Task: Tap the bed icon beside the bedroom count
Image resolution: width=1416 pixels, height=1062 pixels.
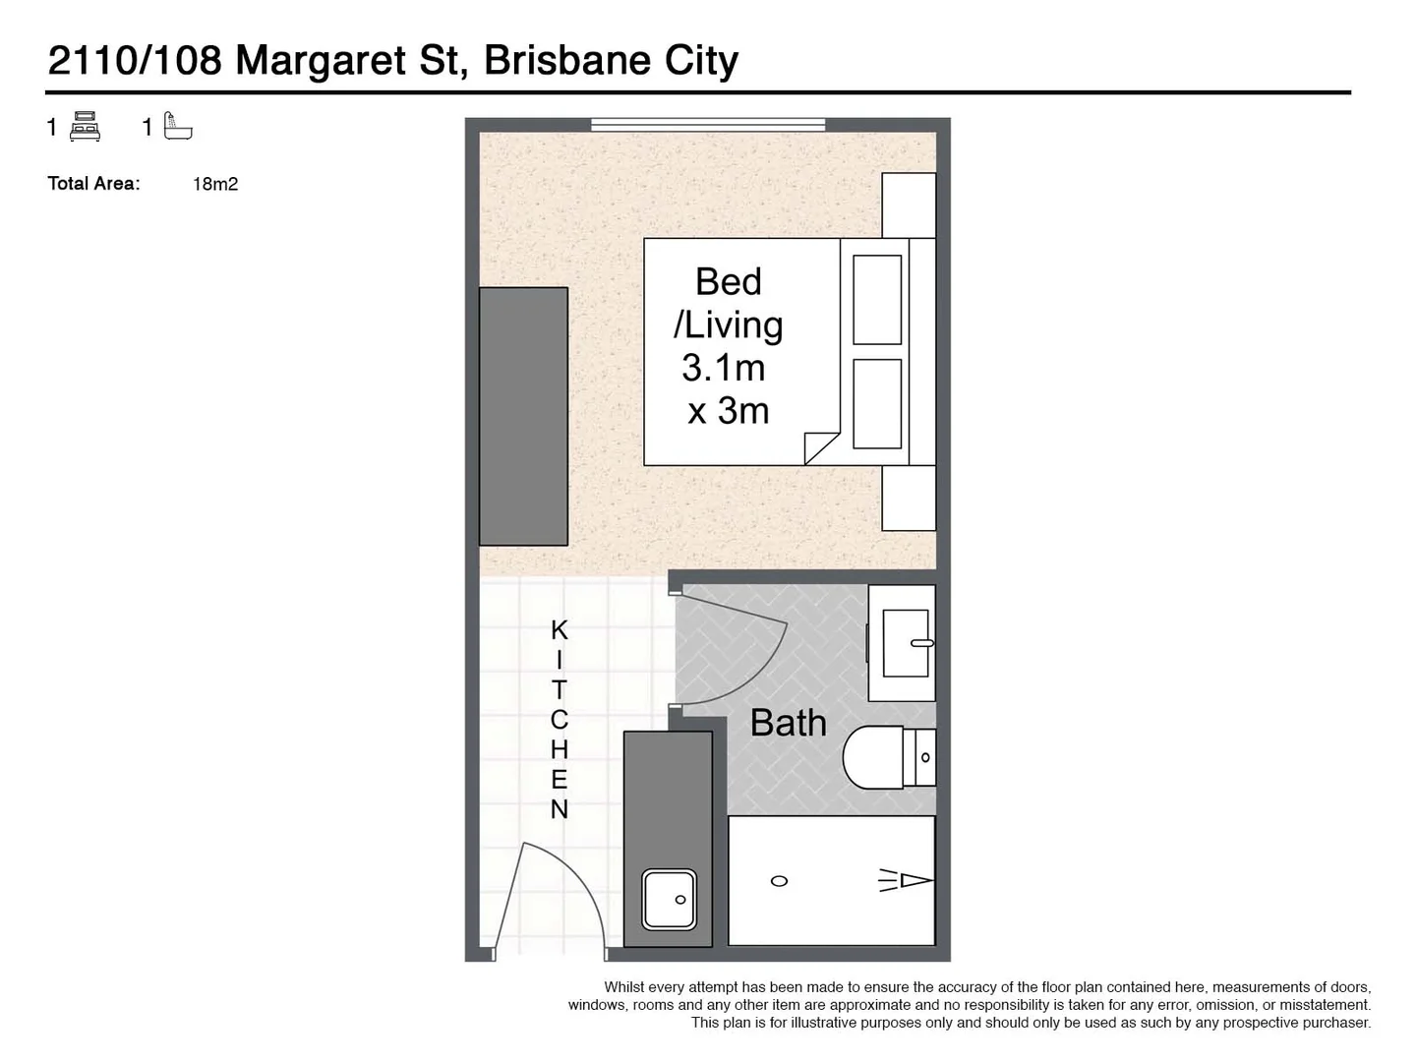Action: (x=85, y=127)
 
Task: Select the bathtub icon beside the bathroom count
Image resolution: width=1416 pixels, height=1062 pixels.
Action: (x=177, y=126)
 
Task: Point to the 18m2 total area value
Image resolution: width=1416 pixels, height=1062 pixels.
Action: (x=215, y=185)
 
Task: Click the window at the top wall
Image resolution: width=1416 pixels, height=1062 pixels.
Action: (x=708, y=125)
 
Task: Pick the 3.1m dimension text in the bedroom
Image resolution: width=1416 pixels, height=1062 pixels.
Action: (x=723, y=368)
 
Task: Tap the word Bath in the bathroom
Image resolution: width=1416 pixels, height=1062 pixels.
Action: (x=788, y=723)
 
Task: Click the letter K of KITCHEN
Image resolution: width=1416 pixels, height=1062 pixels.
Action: (x=560, y=630)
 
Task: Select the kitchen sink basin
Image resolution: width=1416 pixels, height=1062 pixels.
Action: (x=669, y=900)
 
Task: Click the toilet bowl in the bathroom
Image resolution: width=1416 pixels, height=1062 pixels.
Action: (x=872, y=757)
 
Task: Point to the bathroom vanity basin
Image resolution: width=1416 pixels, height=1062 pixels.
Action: (x=906, y=643)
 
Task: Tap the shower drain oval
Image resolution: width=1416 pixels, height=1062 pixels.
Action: (x=779, y=881)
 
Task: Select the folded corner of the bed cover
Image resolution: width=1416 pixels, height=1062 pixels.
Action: (x=820, y=448)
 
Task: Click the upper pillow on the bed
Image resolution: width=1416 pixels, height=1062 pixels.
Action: (x=877, y=300)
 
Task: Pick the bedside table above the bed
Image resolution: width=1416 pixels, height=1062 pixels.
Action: (x=909, y=206)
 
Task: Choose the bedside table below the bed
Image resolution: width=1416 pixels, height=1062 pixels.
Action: (x=909, y=498)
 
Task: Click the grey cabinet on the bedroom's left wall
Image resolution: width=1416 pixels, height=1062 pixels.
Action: (x=523, y=417)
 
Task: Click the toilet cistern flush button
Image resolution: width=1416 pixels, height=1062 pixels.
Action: (x=925, y=757)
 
